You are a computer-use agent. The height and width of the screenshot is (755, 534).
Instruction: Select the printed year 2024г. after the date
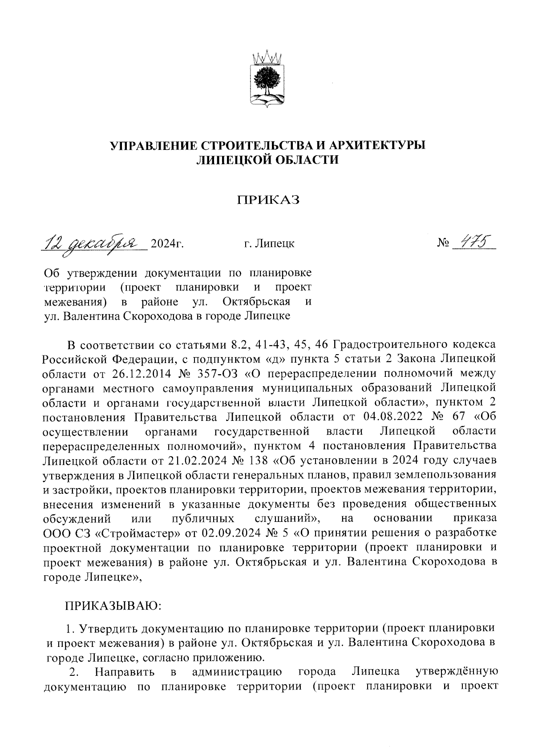[x=168, y=244]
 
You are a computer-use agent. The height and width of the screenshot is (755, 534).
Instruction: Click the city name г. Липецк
[x=269, y=244]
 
